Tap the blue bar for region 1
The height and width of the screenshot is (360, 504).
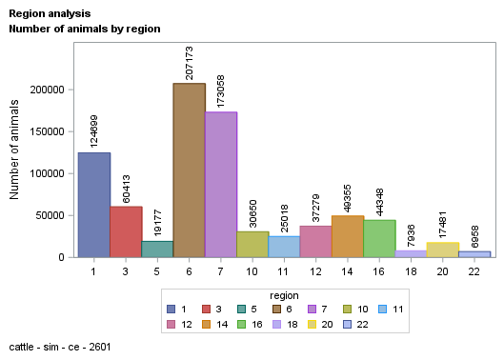[x=93, y=204]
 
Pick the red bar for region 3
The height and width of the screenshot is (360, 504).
[x=126, y=231]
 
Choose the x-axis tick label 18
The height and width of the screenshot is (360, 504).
[x=411, y=270]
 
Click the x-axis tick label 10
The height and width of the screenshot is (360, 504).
[x=252, y=270]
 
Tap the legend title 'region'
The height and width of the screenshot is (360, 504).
[x=284, y=294]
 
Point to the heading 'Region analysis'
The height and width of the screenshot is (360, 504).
[x=50, y=14]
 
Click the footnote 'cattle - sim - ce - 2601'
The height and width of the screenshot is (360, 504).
[x=59, y=346]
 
